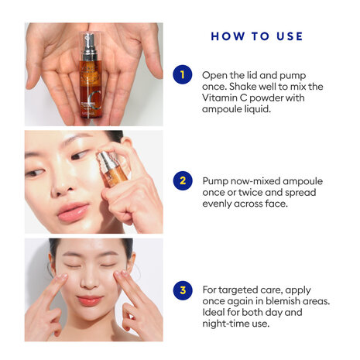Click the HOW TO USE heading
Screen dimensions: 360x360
256,36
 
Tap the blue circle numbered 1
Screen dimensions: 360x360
182,75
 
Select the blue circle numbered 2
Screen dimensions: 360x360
182,182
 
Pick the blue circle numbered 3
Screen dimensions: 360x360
182,291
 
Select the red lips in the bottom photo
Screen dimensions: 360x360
89,300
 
